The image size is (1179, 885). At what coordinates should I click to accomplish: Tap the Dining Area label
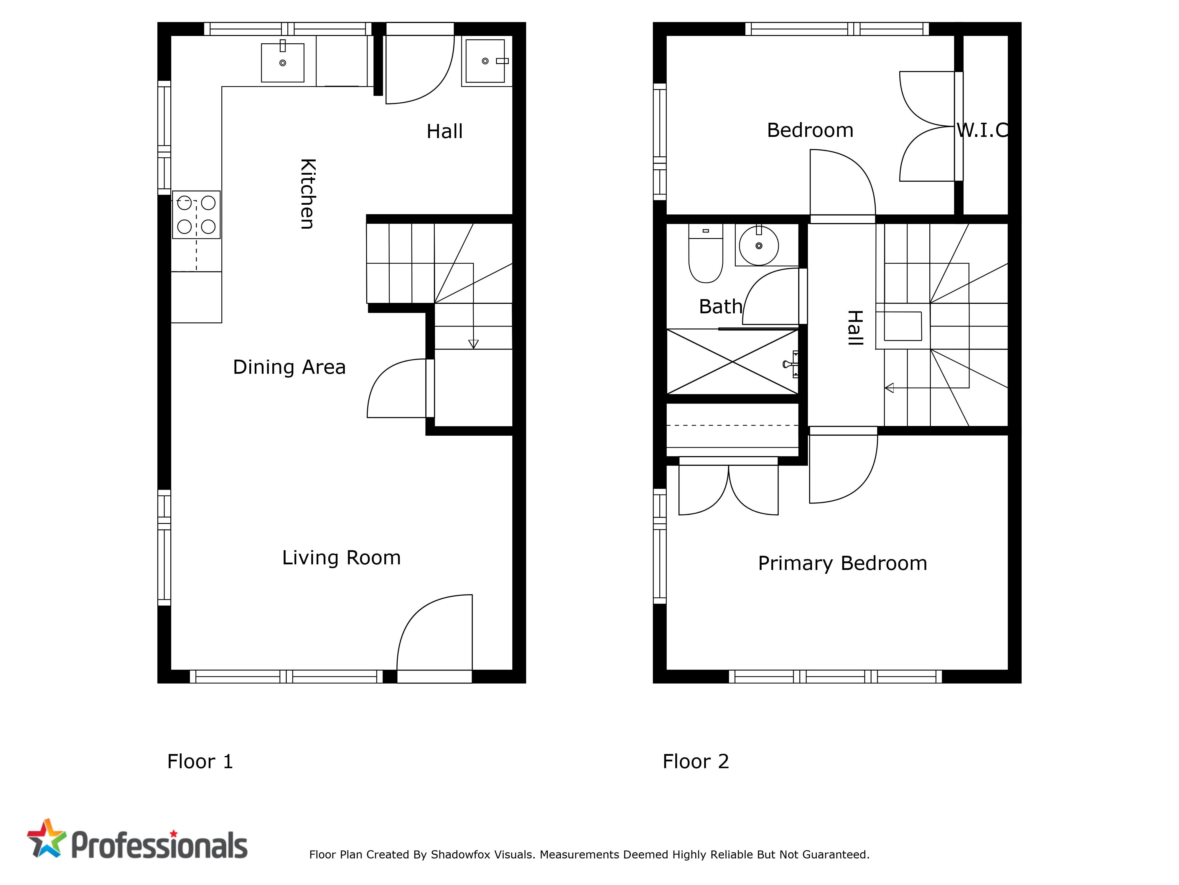coord(289,367)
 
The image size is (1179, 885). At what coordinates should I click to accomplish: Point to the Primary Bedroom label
coord(843,564)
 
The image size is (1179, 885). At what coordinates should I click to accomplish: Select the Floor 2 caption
coord(696,761)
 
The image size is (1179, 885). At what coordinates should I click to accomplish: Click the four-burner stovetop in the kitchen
coord(196,214)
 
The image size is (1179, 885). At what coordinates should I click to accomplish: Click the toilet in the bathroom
coord(706,253)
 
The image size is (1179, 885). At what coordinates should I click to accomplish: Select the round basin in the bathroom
coord(758,245)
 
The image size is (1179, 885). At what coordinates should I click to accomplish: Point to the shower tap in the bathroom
coord(791,364)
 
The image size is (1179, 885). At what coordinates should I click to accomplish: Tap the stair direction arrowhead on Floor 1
coord(473,344)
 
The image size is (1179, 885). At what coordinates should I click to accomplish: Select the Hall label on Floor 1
coord(444,131)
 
